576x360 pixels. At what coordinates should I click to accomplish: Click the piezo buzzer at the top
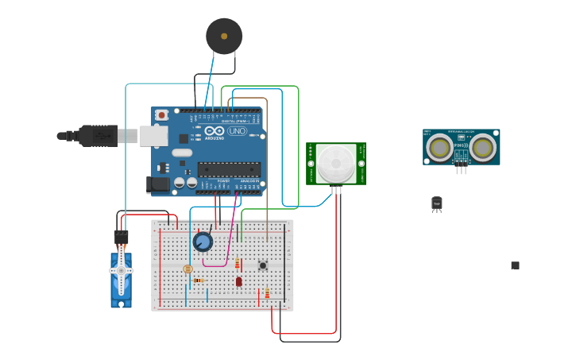[x=224, y=36]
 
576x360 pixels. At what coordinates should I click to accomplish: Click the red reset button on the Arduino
[x=162, y=115]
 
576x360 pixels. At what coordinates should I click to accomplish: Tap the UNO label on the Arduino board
[x=237, y=131]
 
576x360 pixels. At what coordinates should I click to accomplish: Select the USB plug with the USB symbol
[x=99, y=136]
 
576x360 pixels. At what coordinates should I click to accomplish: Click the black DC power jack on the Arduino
[x=158, y=184]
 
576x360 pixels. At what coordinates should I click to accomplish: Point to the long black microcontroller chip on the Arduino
[x=229, y=169]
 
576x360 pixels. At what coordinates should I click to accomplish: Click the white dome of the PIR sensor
[x=336, y=163]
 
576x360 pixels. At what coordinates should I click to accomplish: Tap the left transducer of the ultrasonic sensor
[x=439, y=147]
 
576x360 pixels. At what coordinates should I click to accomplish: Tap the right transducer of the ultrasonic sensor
[x=482, y=147]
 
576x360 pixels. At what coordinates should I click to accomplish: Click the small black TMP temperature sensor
[x=436, y=203]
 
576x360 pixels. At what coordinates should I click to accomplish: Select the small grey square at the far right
[x=515, y=265]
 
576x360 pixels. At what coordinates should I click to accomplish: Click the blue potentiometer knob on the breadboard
[x=203, y=242]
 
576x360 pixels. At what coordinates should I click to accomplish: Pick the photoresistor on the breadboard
[x=187, y=269]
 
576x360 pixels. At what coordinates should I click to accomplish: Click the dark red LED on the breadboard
[x=238, y=281]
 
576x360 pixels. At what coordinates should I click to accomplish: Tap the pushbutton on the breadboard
[x=262, y=265]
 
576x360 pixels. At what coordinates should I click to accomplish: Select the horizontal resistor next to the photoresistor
[x=199, y=280]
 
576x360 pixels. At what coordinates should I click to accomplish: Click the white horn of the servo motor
[x=121, y=270]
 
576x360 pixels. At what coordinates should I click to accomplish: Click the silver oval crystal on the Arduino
[x=182, y=153]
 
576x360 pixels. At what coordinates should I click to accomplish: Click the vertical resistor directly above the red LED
[x=237, y=263]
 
